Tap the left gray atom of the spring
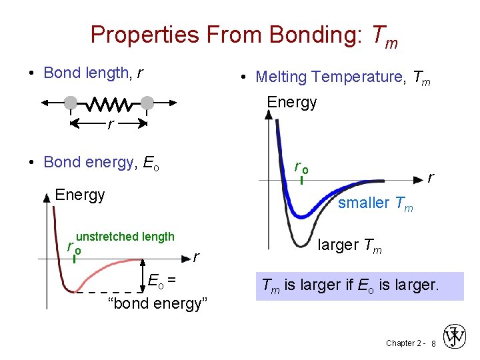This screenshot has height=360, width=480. click(70, 103)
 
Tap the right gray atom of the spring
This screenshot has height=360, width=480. click(147, 103)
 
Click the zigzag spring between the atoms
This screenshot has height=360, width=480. click(109, 103)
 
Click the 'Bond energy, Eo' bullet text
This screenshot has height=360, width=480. click(100, 162)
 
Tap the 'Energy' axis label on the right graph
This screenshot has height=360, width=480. click(292, 102)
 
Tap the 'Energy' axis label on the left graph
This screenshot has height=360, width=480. click(80, 195)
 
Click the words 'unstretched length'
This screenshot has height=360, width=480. click(125, 237)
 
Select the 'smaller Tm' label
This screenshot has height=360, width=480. click(375, 203)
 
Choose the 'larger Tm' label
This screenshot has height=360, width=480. click(349, 245)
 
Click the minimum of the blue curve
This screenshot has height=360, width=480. click(304, 216)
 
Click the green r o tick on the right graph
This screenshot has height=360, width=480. click(301, 180)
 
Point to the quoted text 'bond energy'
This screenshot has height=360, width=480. click(158, 304)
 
